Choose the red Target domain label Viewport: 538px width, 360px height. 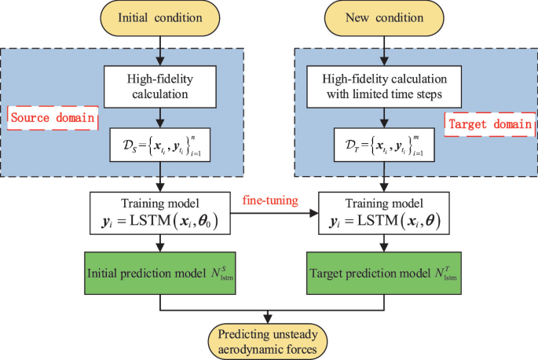point(489,123)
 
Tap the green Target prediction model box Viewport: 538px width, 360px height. point(384,272)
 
